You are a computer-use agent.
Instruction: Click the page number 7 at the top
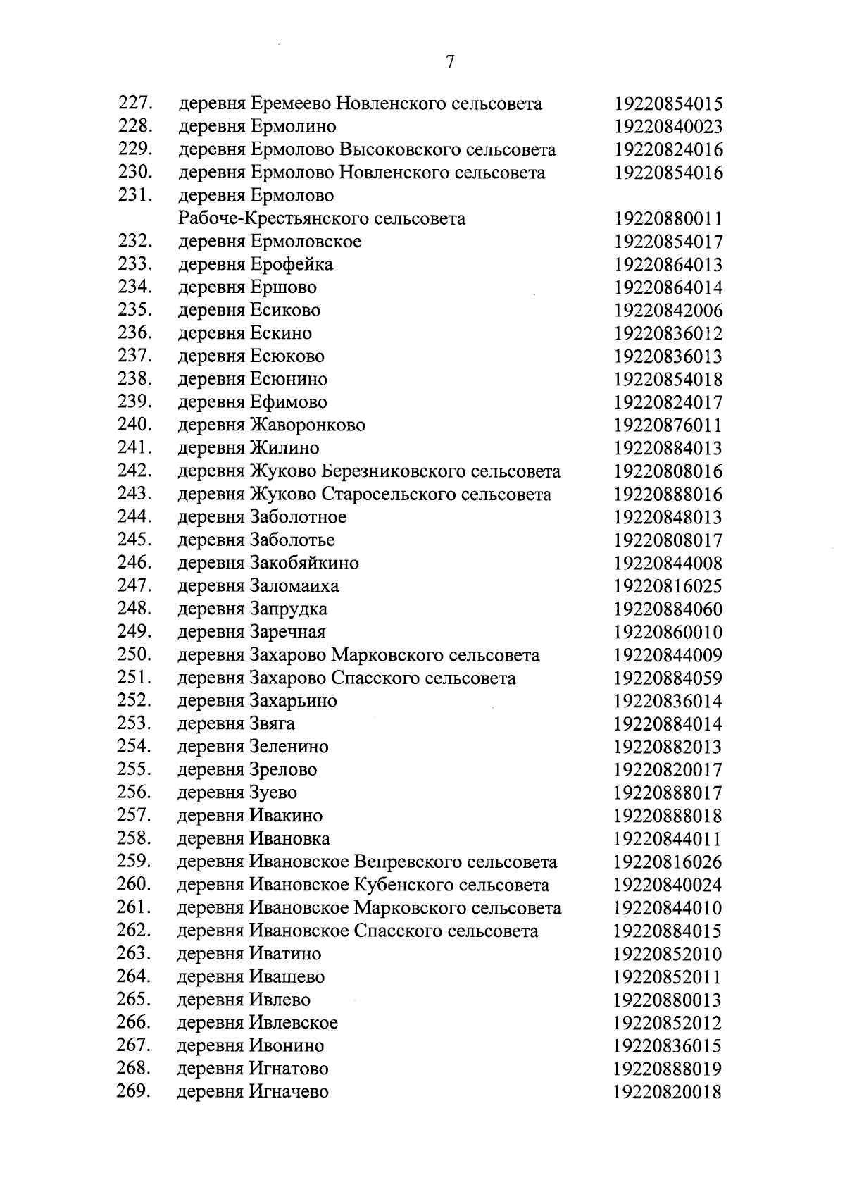450,61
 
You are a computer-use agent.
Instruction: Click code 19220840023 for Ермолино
668,127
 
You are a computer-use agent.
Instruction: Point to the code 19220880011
668,219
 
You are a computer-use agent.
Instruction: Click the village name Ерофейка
291,265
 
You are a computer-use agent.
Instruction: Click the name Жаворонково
307,425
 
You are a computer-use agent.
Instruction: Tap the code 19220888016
668,495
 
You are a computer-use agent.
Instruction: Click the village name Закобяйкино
303,564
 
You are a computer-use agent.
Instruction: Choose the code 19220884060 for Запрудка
668,609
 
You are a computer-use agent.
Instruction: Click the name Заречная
287,632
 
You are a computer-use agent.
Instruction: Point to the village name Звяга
272,724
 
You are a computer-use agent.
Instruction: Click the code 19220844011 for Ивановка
668,839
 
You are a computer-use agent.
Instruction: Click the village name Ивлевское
293,1023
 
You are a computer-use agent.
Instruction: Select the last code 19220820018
668,1092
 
